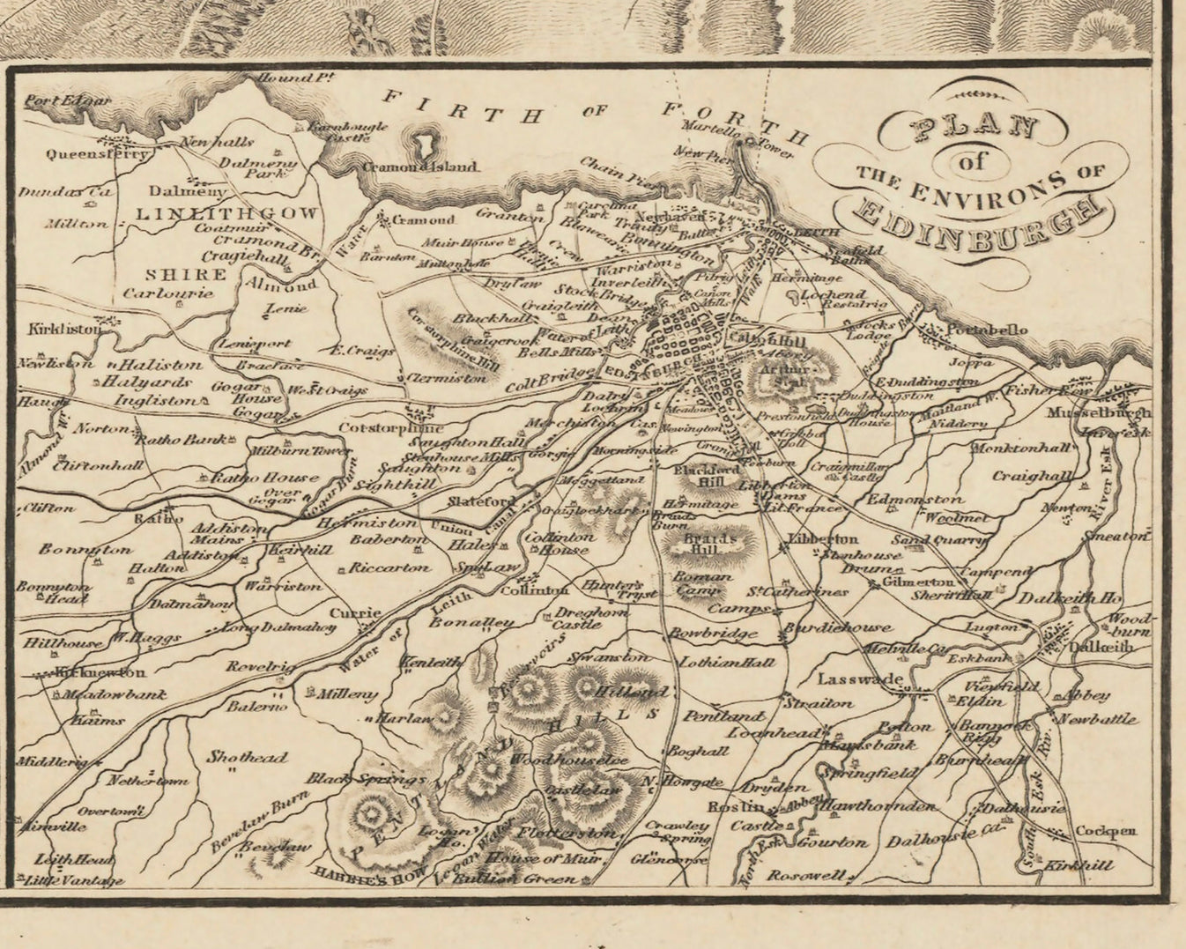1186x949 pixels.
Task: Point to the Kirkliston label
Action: (x=64, y=329)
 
